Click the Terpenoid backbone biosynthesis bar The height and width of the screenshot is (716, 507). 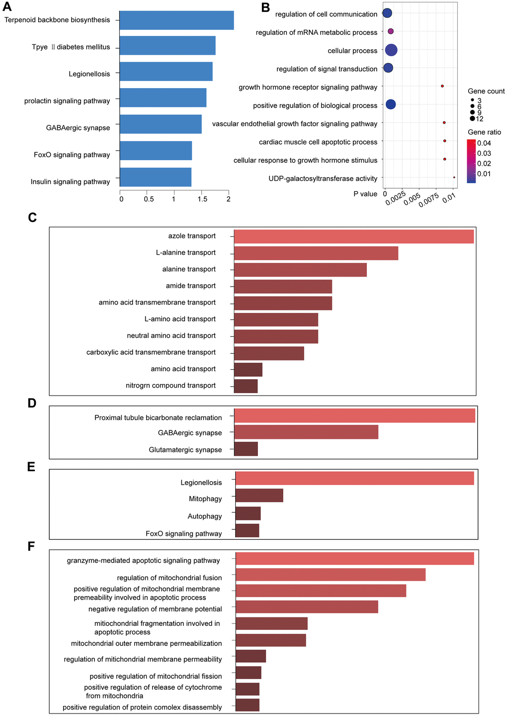click(x=176, y=20)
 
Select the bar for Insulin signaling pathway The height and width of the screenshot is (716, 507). click(x=156, y=177)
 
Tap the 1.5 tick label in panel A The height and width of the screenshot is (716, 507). click(x=202, y=199)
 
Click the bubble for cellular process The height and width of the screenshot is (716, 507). click(x=391, y=50)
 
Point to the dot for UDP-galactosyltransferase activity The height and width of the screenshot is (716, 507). click(x=454, y=177)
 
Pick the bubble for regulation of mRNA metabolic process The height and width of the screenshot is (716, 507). click(x=391, y=31)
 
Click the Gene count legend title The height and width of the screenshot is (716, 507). click(x=486, y=91)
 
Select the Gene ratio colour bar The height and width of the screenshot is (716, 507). click(x=471, y=161)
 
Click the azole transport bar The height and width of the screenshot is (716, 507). click(x=353, y=236)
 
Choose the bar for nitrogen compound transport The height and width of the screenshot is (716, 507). click(x=246, y=386)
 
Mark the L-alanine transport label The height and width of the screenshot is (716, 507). click(x=185, y=253)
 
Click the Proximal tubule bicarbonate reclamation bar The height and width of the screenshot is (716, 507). click(x=354, y=415)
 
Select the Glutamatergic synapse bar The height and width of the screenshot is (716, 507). click(x=246, y=449)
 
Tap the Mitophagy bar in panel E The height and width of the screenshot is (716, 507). click(x=259, y=496)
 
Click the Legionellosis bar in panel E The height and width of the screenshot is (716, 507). click(x=354, y=478)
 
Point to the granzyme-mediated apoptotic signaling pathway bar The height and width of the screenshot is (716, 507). click(x=354, y=558)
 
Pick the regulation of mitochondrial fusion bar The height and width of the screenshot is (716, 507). click(x=331, y=575)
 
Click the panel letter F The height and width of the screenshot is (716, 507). click(x=31, y=546)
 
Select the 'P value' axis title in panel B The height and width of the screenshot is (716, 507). click(x=365, y=194)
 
